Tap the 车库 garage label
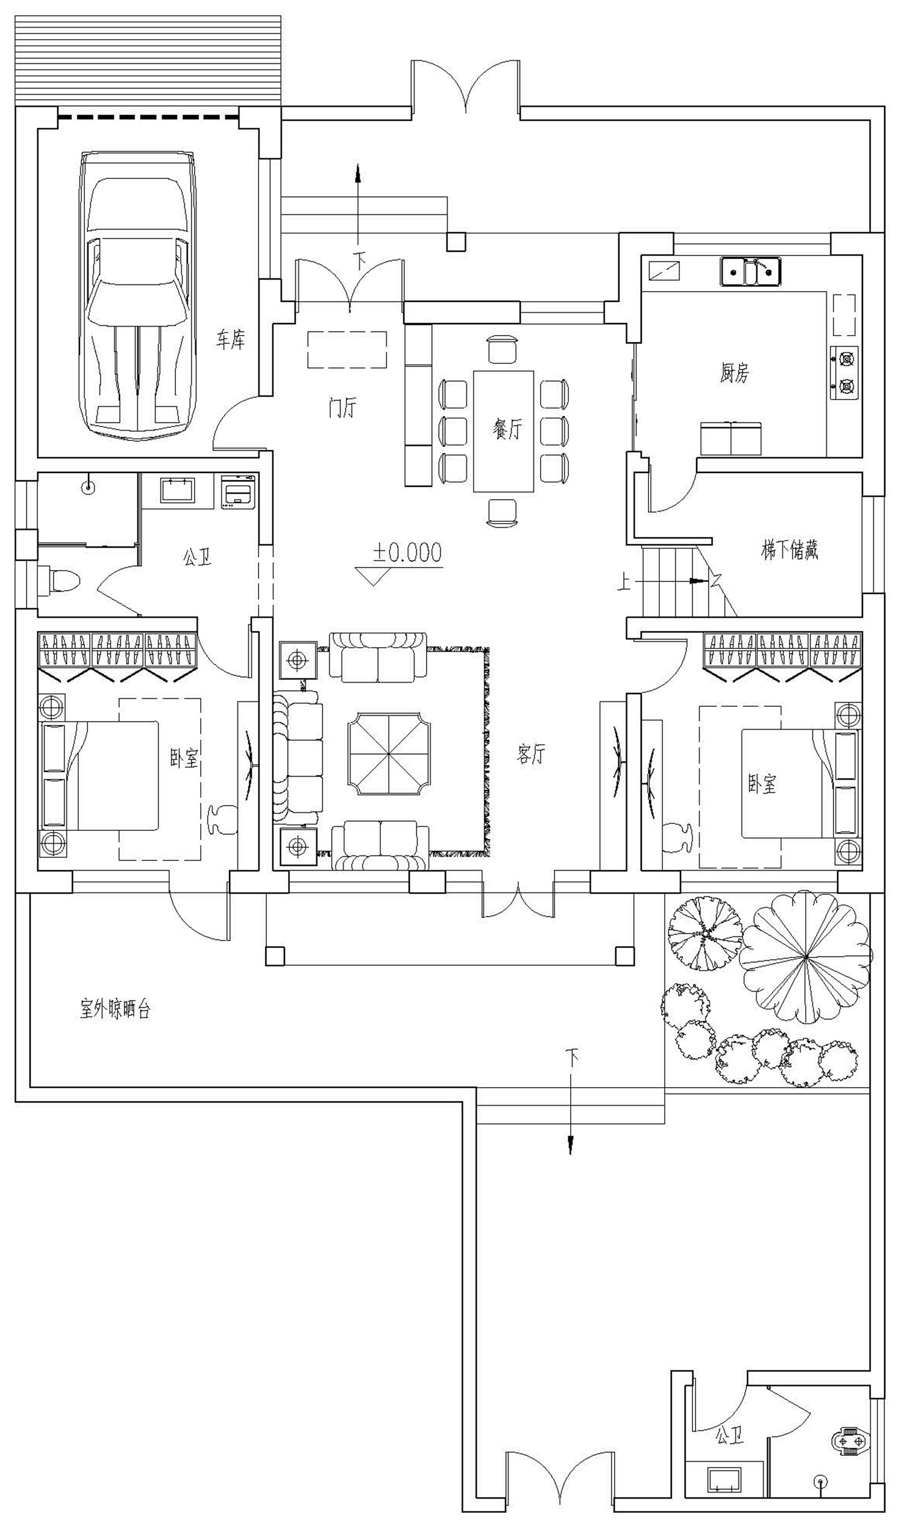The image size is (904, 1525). pyautogui.click(x=231, y=339)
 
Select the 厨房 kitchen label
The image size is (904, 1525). pyautogui.click(x=733, y=372)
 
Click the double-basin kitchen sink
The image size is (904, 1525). pyautogui.click(x=751, y=272)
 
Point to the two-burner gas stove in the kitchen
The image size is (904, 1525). pyautogui.click(x=844, y=374)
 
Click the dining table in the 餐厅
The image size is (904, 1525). pyautogui.click(x=504, y=431)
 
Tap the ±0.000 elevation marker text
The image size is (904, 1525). pyautogui.click(x=407, y=553)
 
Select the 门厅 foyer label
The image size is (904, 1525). pyautogui.click(x=342, y=407)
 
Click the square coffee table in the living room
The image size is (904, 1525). pyautogui.click(x=389, y=753)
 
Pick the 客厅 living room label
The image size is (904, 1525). pyautogui.click(x=530, y=754)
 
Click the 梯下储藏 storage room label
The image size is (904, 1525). pyautogui.click(x=789, y=551)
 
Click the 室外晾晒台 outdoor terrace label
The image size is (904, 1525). pyautogui.click(x=115, y=1010)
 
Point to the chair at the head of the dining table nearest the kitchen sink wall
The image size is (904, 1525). pyautogui.click(x=503, y=349)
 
